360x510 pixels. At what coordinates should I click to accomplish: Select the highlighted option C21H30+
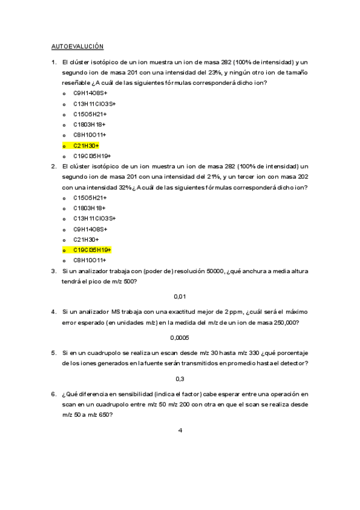pos(86,146)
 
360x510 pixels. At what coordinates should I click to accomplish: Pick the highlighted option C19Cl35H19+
pos(93,250)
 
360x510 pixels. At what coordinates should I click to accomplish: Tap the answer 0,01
pos(180,296)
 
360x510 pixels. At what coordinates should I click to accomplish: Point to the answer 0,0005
pos(180,337)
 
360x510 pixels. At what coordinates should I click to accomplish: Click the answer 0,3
pos(180,378)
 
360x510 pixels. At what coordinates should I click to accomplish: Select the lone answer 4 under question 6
pos(180,430)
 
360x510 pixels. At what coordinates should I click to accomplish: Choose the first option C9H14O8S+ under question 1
pos(90,93)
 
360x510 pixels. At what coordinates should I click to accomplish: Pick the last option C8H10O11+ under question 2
pos(90,260)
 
